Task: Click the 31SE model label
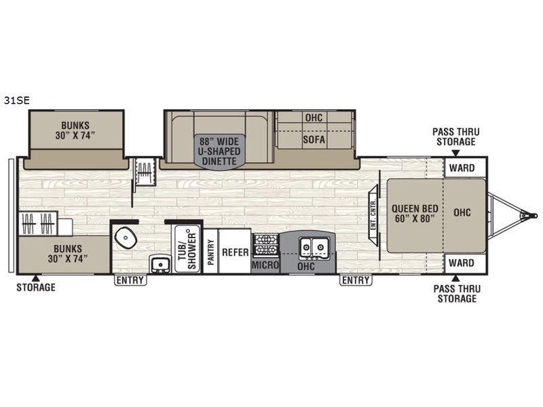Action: tap(16, 100)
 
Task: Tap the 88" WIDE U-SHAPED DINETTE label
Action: tap(219, 151)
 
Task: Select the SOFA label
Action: tap(314, 140)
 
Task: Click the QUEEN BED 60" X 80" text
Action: tap(415, 214)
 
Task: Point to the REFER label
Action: tap(235, 252)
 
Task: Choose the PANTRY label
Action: tap(210, 252)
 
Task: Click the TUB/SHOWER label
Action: tap(187, 248)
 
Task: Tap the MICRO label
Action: tap(265, 265)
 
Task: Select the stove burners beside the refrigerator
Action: tap(266, 245)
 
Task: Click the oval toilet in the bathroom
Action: tap(126, 237)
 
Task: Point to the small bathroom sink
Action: tap(160, 265)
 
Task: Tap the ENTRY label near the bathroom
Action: tap(130, 280)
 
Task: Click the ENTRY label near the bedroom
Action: tap(356, 280)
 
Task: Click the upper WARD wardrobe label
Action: tap(462, 168)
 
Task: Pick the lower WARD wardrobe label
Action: tap(462, 263)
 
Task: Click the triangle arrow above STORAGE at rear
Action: tap(35, 278)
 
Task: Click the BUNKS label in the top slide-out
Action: tap(75, 130)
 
